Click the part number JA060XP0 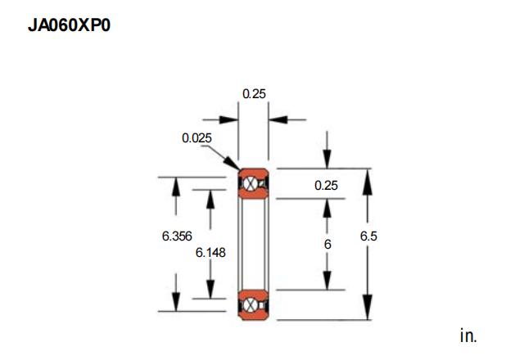69,25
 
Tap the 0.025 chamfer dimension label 196,138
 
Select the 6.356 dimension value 177,236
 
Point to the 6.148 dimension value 210,253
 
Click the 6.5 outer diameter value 368,236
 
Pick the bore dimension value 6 327,245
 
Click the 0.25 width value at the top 254,94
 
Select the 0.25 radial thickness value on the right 326,186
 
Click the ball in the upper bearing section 250,184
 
